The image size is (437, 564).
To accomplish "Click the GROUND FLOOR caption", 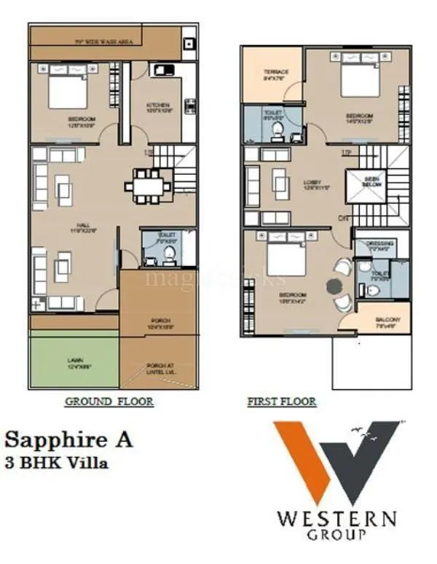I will (109, 402).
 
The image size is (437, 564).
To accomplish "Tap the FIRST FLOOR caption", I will (281, 402).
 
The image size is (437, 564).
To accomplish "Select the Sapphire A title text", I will (68, 439).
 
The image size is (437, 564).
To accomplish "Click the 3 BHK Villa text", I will (58, 463).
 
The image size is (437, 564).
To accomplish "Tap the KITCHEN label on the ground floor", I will (157, 105).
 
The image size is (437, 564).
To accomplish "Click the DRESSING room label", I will (380, 243).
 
